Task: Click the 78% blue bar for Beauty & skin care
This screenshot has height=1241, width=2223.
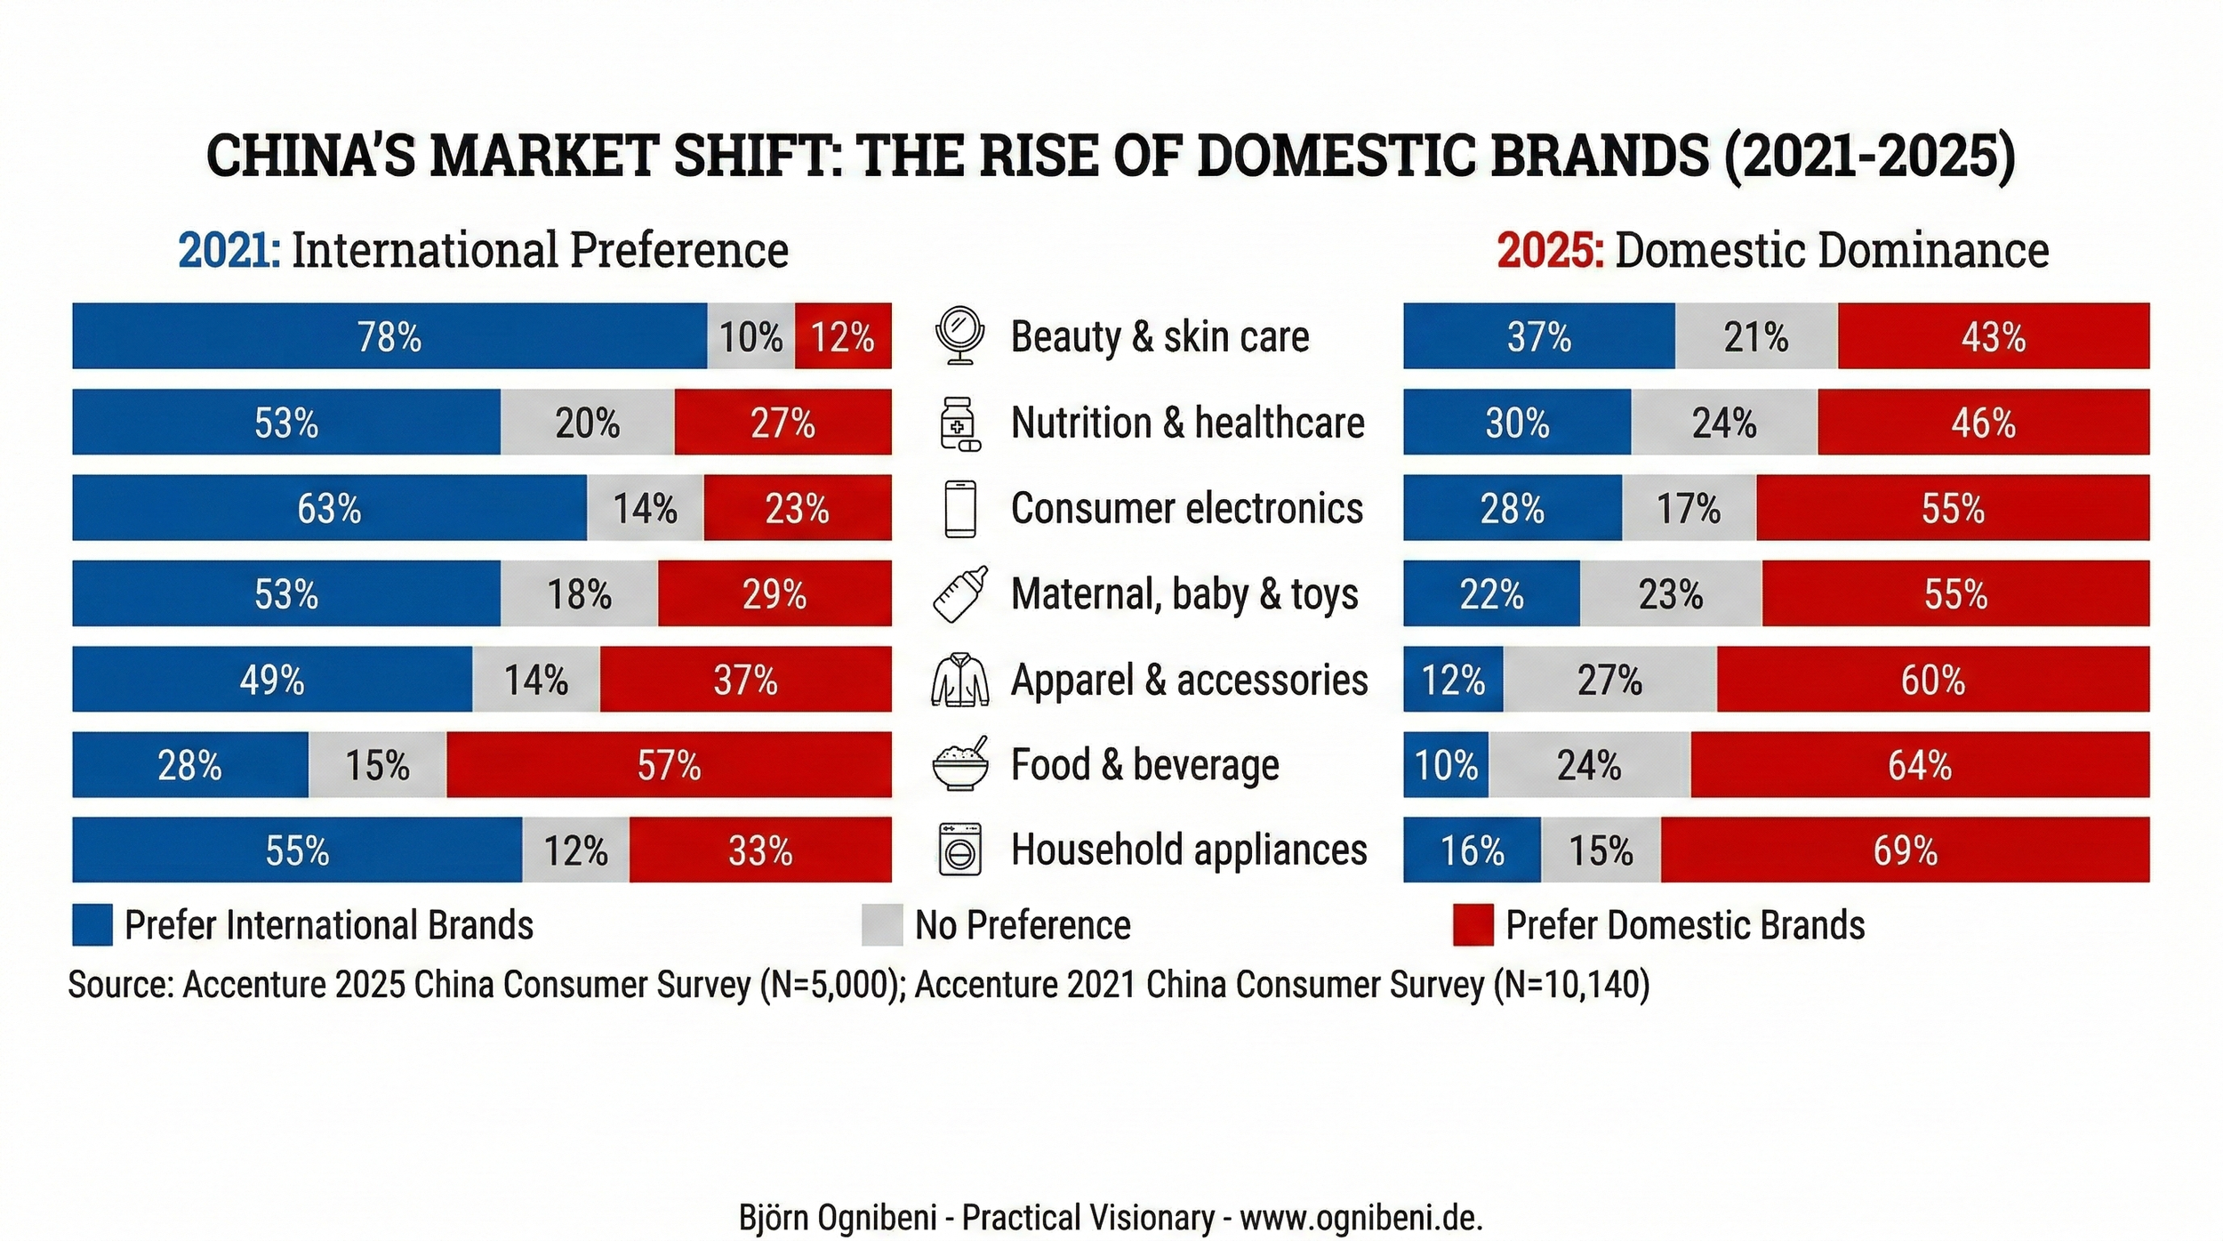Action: tap(389, 335)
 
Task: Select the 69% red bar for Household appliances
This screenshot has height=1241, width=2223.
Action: tap(1905, 850)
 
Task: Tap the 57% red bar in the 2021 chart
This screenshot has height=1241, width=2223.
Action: tap(669, 764)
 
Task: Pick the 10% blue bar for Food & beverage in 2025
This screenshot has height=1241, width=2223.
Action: tap(1446, 764)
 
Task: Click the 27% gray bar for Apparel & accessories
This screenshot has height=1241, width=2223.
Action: tap(1609, 679)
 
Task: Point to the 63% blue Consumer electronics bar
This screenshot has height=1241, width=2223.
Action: tap(329, 507)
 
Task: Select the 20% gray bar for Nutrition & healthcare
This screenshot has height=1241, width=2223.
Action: tap(587, 422)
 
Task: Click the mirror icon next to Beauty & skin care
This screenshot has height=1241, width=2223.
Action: tap(959, 335)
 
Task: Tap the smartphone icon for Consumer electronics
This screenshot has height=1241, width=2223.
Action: tap(959, 508)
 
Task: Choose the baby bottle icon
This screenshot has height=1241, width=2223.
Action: tap(959, 593)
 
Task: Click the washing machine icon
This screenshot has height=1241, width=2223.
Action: tap(960, 850)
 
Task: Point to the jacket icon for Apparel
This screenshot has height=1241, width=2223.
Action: tap(959, 680)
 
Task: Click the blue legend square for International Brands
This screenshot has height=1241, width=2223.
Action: tap(92, 925)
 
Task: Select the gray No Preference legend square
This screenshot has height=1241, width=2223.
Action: tap(882, 925)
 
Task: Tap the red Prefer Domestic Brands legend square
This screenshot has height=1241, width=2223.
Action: tap(1473, 925)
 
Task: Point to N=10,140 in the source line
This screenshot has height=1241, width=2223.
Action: tap(1571, 985)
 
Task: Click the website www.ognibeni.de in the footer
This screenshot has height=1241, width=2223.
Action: tap(1360, 1218)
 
